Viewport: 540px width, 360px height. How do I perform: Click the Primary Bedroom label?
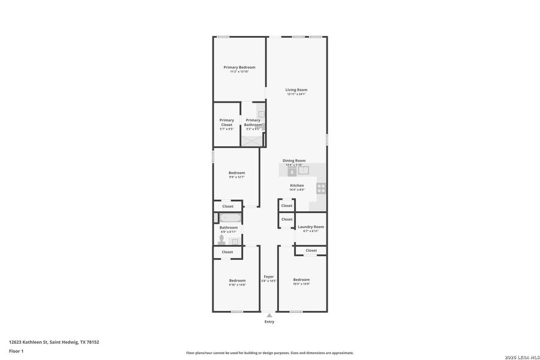[239, 67]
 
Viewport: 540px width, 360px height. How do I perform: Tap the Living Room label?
[296, 90]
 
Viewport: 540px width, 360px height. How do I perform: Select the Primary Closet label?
[227, 122]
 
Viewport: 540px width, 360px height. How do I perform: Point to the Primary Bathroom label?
[253, 122]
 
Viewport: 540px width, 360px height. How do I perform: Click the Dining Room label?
[294, 160]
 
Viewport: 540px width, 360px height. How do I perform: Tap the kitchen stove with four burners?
[321, 188]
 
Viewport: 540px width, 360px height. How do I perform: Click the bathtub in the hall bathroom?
[229, 218]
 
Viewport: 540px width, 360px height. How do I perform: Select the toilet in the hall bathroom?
[222, 239]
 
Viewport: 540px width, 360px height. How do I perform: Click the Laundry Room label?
[311, 227]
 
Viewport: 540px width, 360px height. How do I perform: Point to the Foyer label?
[268, 277]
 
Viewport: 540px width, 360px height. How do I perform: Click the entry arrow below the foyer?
[269, 315]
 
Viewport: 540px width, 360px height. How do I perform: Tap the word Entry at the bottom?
[269, 322]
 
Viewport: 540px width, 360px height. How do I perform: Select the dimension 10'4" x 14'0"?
[301, 284]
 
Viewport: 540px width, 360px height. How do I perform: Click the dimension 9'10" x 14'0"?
[237, 285]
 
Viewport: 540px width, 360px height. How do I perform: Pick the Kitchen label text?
[297, 185]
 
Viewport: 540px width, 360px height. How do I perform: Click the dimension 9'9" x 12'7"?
[236, 177]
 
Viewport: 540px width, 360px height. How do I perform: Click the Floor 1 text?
[16, 351]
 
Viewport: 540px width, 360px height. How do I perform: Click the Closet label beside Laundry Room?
[311, 250]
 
